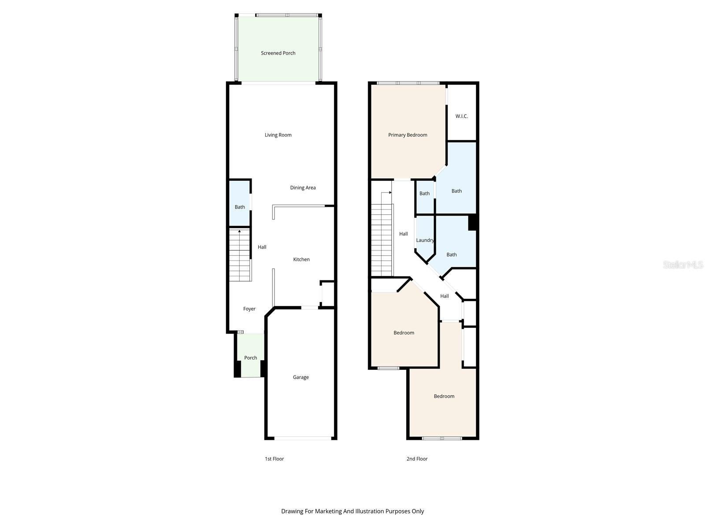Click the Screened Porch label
(x=278, y=53)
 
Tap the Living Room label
(x=278, y=135)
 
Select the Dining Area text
(x=303, y=187)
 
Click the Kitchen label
(x=301, y=259)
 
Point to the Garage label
(x=301, y=377)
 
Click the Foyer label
(x=249, y=309)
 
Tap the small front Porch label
(x=251, y=358)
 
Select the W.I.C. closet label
(x=461, y=116)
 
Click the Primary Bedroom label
(x=408, y=135)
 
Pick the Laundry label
(x=425, y=240)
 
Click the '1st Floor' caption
(x=274, y=459)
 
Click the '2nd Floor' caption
(x=417, y=459)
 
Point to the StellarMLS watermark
(x=683, y=264)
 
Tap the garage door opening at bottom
(x=303, y=438)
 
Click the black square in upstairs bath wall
(x=473, y=222)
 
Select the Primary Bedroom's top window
(x=408, y=83)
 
